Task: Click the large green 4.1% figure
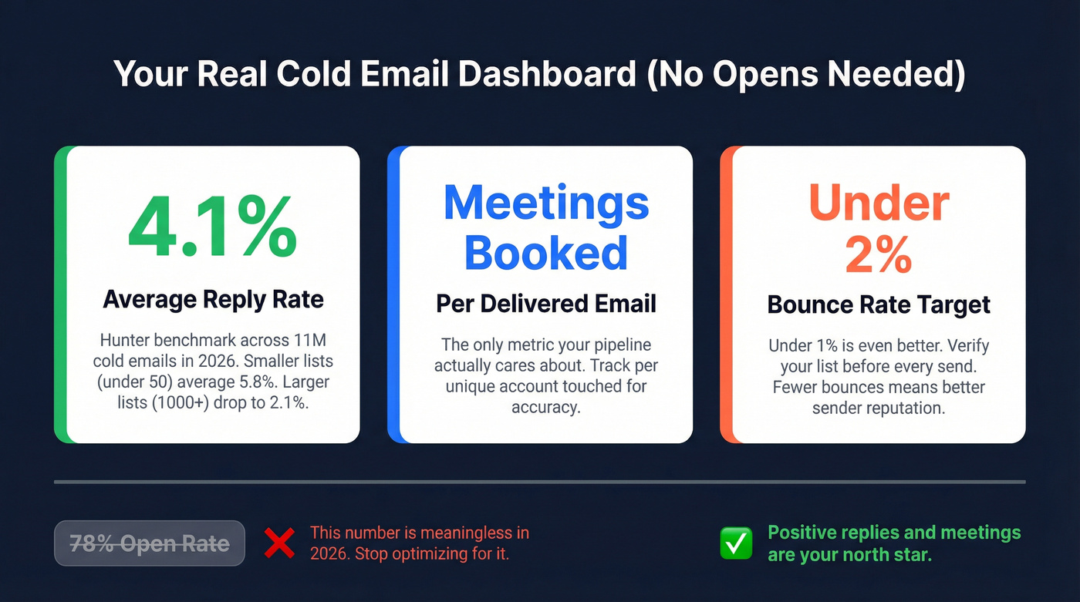(213, 229)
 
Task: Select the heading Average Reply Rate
(214, 299)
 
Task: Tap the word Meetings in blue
(546, 203)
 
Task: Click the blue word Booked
(546, 252)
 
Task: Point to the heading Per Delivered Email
(546, 304)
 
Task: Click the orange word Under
(879, 203)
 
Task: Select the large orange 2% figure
(879, 254)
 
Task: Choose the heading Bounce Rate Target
(879, 304)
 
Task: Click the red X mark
(279, 543)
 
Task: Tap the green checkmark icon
(736, 543)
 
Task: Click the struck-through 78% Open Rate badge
(150, 543)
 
